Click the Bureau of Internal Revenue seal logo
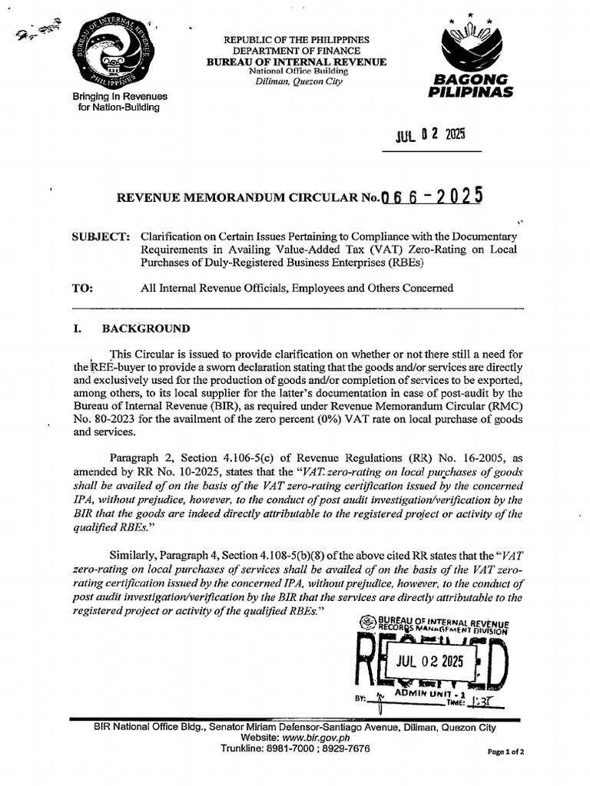pyautogui.click(x=119, y=54)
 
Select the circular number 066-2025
pyautogui.click(x=432, y=197)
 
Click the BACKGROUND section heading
pyautogui.click(x=146, y=329)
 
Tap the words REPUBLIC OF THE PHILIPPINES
pyautogui.click(x=296, y=39)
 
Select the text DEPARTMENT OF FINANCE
pyautogui.click(x=296, y=50)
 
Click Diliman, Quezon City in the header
pyautogui.click(x=296, y=81)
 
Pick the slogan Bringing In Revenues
pyautogui.click(x=119, y=97)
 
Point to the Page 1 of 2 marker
pyautogui.click(x=506, y=752)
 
